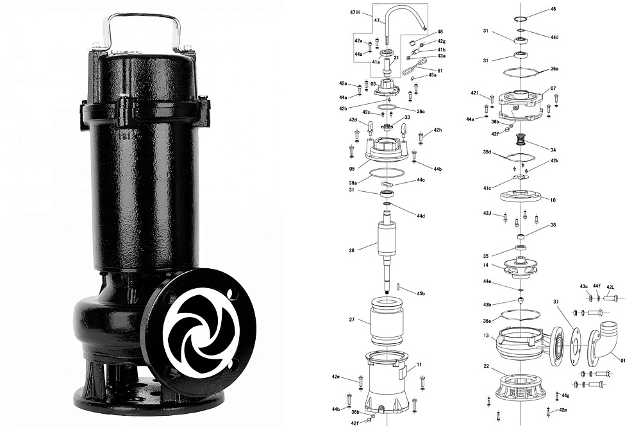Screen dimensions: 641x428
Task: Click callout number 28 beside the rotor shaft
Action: click(x=351, y=250)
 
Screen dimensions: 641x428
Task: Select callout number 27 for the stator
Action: click(x=351, y=320)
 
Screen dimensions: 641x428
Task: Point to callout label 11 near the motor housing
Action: click(x=419, y=364)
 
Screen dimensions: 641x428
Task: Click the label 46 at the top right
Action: click(x=553, y=9)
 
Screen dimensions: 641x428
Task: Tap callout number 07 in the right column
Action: click(x=553, y=89)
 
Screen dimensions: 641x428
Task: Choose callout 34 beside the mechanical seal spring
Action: click(x=553, y=150)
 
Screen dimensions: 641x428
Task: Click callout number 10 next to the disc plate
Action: click(x=553, y=200)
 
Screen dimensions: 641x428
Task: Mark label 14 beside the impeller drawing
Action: click(x=486, y=265)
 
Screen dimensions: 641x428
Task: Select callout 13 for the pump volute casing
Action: click(x=486, y=336)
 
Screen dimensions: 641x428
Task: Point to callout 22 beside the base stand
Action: click(x=486, y=366)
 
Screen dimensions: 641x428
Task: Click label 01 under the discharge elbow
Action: click(x=623, y=361)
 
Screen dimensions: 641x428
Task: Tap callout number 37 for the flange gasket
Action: click(x=556, y=302)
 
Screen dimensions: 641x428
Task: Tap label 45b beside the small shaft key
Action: click(x=420, y=293)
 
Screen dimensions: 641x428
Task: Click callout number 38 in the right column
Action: click(x=553, y=225)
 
